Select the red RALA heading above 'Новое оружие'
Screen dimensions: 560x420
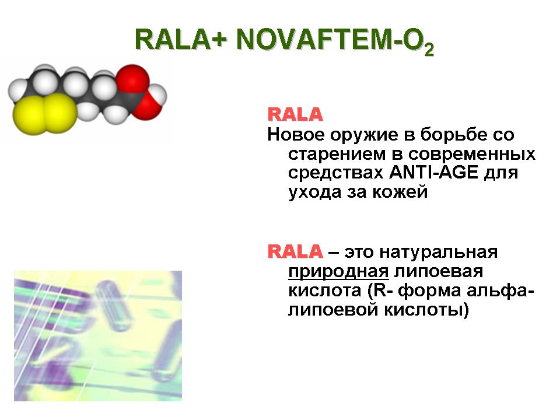[295, 115]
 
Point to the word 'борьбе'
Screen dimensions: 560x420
[453, 134]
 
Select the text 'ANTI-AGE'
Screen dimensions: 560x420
[433, 173]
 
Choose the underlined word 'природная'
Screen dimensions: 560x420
[338, 272]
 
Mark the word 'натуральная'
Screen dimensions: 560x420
[438, 252]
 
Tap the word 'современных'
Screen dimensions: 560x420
[471, 155]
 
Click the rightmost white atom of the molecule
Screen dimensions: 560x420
[157, 95]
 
